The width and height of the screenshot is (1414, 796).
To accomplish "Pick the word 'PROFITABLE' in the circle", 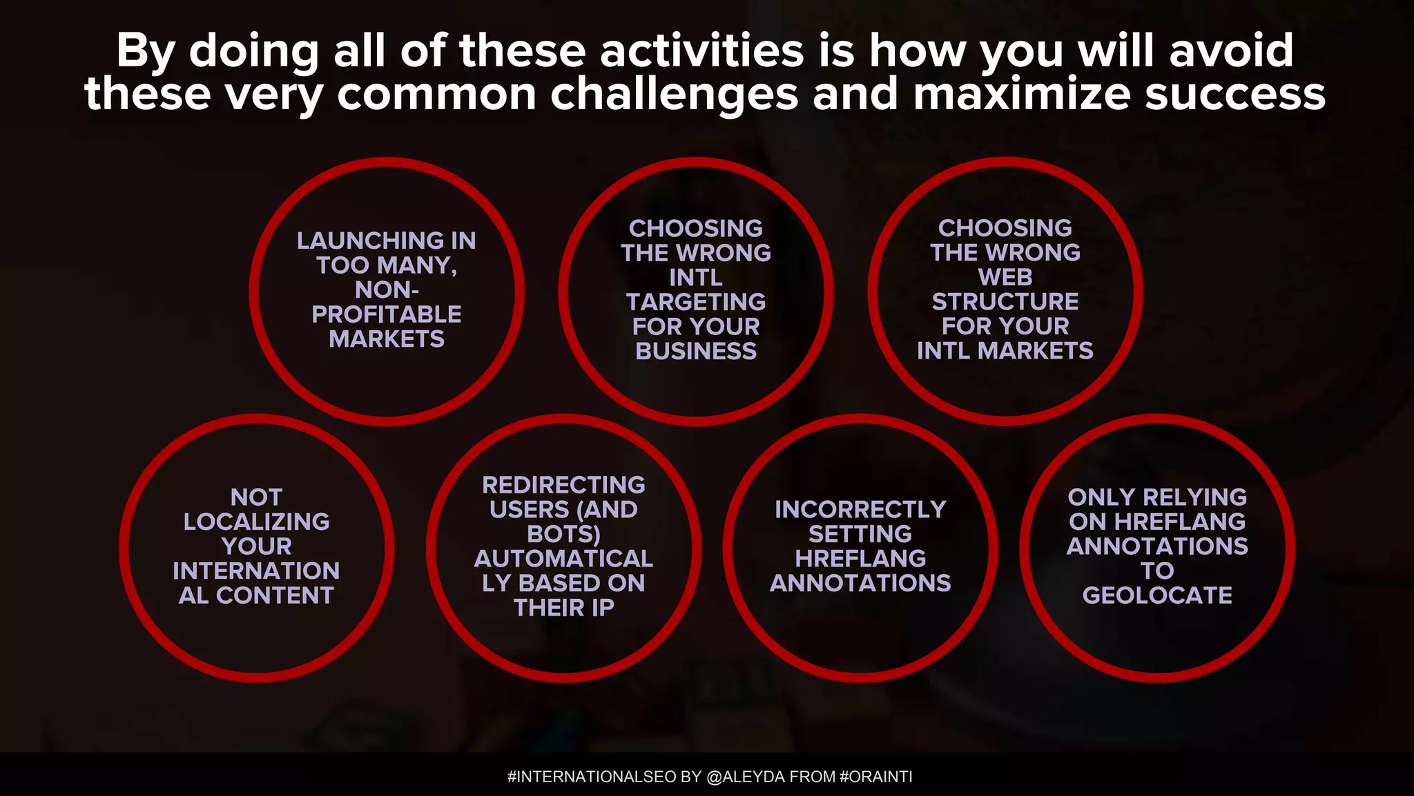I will [387, 314].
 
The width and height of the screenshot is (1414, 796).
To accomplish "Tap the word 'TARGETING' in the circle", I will [696, 302].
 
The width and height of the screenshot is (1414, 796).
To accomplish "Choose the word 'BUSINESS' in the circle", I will [696, 351].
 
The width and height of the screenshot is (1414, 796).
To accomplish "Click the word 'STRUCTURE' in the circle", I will [1005, 301].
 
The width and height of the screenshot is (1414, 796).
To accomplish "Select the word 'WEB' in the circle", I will [1005, 277].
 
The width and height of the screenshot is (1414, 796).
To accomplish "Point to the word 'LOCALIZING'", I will [257, 522].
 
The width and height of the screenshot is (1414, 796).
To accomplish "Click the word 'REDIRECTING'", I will [563, 485].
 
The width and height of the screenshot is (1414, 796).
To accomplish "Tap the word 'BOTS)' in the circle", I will [563, 534].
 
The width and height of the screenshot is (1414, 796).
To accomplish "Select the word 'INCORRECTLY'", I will [860, 509].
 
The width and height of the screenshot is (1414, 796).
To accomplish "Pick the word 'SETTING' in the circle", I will [860, 534].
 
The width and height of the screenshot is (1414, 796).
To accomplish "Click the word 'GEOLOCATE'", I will [1157, 595].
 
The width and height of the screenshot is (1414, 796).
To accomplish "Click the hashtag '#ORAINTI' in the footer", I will [875, 777].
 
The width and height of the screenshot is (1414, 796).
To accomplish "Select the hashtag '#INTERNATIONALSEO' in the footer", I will [592, 777].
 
